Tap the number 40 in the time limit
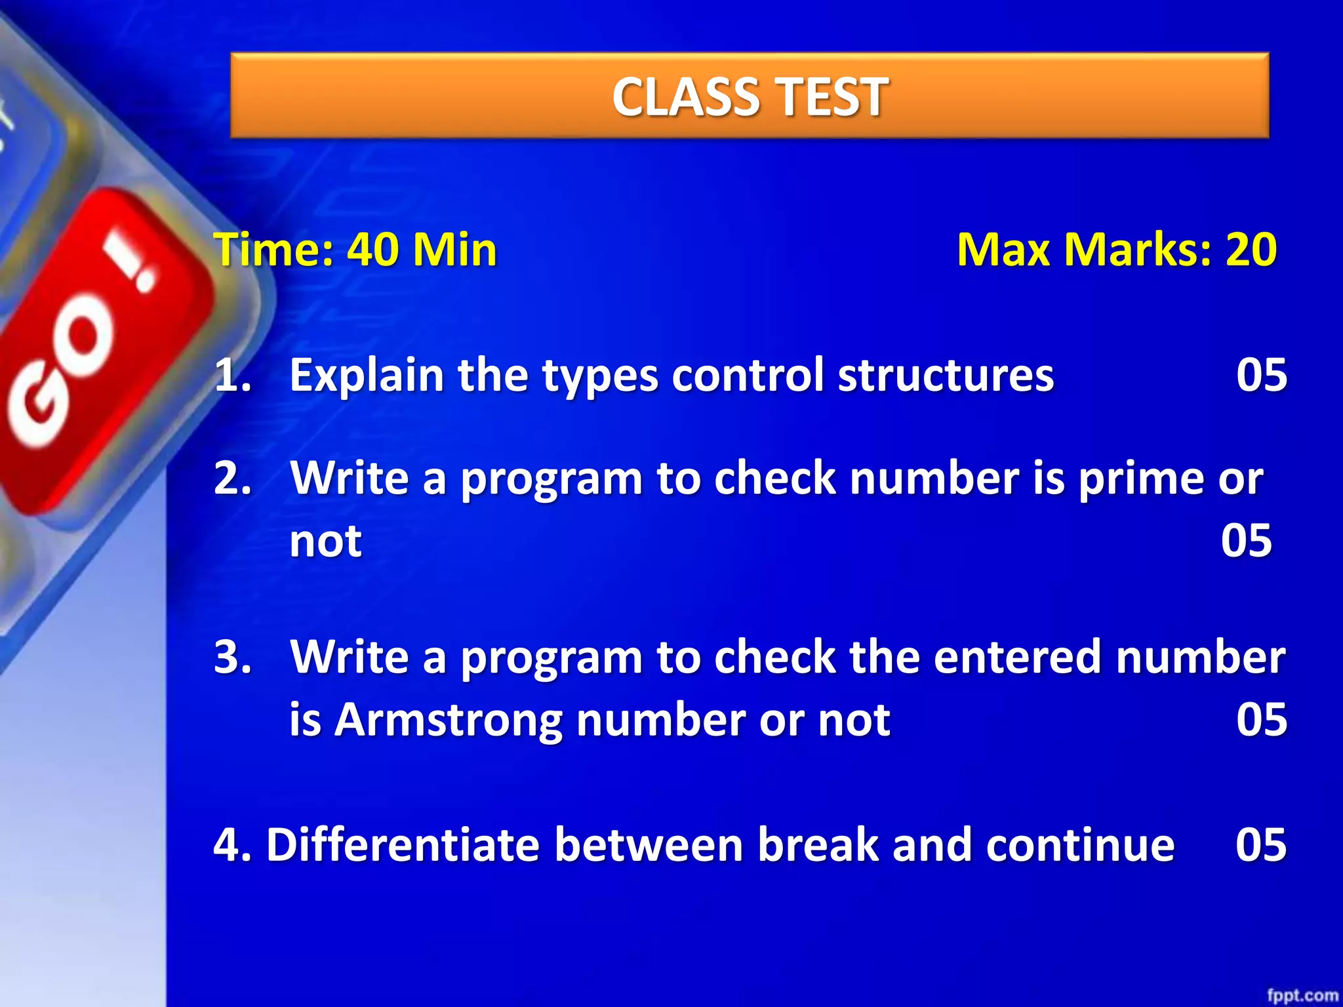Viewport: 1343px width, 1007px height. coord(373,250)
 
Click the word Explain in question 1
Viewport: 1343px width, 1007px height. coord(367,376)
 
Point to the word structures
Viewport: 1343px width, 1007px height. coord(946,376)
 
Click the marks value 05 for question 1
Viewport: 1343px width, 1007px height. coord(1261,376)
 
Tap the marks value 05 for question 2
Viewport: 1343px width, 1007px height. coord(1246,541)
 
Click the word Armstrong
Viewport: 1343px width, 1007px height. coord(448,720)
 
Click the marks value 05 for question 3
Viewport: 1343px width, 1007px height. coord(1261,720)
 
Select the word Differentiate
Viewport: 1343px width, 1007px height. coord(403,844)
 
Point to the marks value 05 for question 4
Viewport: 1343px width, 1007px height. coord(1261,844)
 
